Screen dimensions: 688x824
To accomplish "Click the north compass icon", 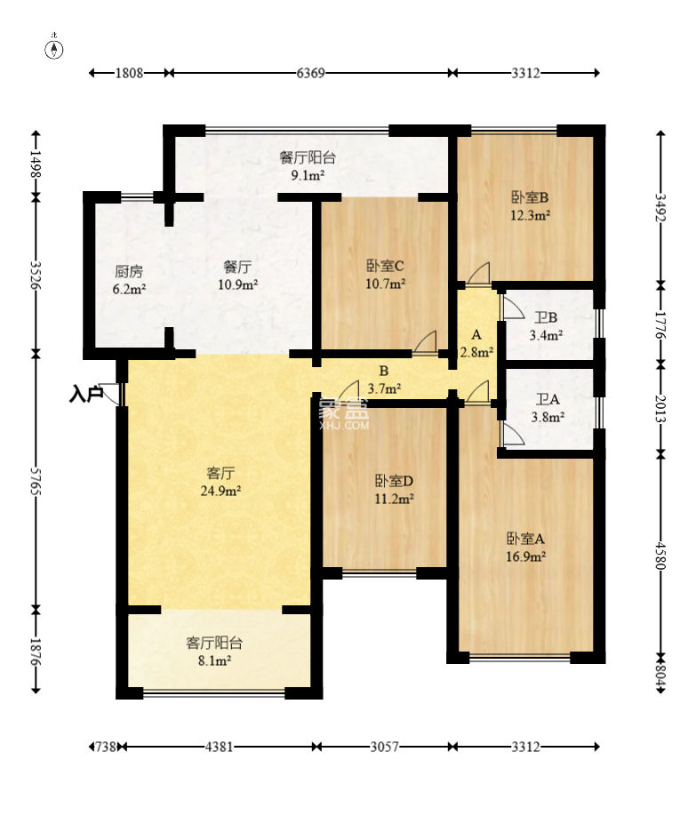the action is click(x=54, y=48).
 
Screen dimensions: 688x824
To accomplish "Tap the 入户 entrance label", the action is click(x=85, y=393).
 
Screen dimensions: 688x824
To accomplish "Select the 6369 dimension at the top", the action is click(x=310, y=73).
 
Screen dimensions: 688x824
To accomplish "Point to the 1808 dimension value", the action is click(x=129, y=73).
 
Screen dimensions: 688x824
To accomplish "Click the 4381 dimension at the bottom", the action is click(x=219, y=747).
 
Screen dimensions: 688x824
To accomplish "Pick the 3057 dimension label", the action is click(x=385, y=747).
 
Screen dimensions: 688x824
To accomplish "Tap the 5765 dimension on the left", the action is click(x=36, y=480).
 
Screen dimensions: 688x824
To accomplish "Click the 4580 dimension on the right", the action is click(x=660, y=556).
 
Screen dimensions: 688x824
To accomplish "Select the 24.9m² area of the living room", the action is click(x=220, y=492).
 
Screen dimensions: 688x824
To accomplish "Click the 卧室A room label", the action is click(x=525, y=539).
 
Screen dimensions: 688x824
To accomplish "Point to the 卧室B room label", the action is click(x=531, y=197).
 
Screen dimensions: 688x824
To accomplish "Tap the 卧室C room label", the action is click(x=385, y=266).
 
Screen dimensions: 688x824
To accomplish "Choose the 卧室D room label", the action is click(x=394, y=481).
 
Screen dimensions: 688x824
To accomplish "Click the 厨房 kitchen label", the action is click(x=129, y=272).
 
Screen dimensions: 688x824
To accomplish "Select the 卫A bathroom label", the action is click(x=548, y=399).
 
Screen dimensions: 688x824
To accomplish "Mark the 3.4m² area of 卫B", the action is click(x=547, y=335).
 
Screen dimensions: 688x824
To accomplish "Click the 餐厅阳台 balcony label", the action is click(x=308, y=157).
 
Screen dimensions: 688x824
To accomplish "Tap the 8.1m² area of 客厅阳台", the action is click(x=214, y=660).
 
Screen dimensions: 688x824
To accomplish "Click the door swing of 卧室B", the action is click(x=479, y=275).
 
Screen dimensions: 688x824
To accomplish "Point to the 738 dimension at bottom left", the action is click(x=106, y=747).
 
